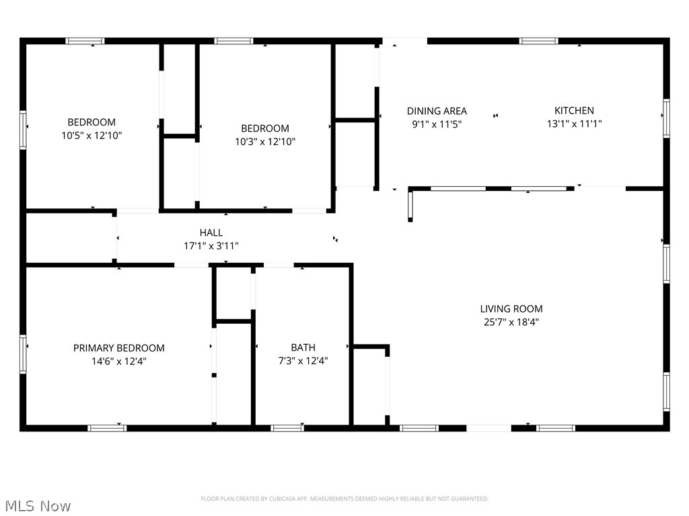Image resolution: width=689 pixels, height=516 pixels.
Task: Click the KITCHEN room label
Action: point(574,111)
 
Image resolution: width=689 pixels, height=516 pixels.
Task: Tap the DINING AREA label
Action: point(437,111)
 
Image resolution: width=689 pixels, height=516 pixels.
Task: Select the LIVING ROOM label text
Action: point(511,309)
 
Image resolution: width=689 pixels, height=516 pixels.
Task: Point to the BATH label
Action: point(303,347)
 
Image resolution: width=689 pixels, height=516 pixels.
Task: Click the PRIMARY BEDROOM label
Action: point(118,348)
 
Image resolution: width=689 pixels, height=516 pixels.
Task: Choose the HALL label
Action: point(211,232)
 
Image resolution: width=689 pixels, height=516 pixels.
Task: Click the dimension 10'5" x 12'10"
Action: point(92,135)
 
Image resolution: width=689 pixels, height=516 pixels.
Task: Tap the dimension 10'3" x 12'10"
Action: point(265,141)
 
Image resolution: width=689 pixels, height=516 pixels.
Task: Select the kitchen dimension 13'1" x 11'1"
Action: point(574,124)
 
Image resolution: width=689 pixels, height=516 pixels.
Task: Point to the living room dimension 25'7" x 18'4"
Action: point(511,322)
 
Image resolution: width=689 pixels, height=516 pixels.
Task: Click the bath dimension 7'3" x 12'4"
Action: point(303,361)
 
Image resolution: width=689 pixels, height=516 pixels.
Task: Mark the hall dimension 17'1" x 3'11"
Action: point(211,246)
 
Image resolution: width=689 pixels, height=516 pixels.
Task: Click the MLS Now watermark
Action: point(38,506)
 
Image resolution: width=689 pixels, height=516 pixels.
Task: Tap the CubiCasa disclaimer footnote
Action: point(344,499)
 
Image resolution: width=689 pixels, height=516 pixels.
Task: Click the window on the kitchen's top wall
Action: point(539,41)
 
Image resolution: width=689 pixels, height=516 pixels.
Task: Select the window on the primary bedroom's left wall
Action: point(23,354)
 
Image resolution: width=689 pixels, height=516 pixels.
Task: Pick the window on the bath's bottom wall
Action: point(287,428)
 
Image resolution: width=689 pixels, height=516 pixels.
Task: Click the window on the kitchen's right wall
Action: point(667,118)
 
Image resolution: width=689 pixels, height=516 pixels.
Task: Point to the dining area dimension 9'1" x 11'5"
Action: point(437,124)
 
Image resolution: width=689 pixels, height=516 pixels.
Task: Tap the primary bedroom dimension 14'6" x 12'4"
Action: point(118,361)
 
